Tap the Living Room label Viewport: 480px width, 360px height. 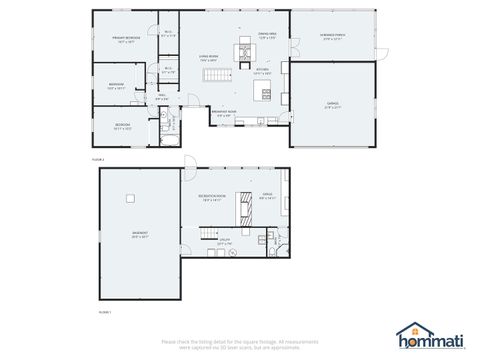208,58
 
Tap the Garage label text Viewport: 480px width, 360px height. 332,104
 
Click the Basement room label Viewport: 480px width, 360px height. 139,235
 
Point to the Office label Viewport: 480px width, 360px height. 267,196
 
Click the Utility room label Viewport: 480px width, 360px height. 225,241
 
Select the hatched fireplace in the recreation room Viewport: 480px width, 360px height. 241,209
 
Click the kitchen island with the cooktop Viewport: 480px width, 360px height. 266,93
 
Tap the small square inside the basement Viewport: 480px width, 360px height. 129,197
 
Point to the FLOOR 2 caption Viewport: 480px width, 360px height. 98,158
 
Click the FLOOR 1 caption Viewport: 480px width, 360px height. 104,313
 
